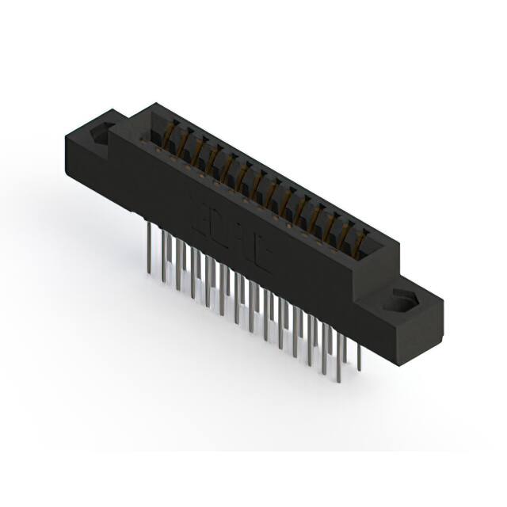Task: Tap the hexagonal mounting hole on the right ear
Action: pyautogui.click(x=402, y=303)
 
